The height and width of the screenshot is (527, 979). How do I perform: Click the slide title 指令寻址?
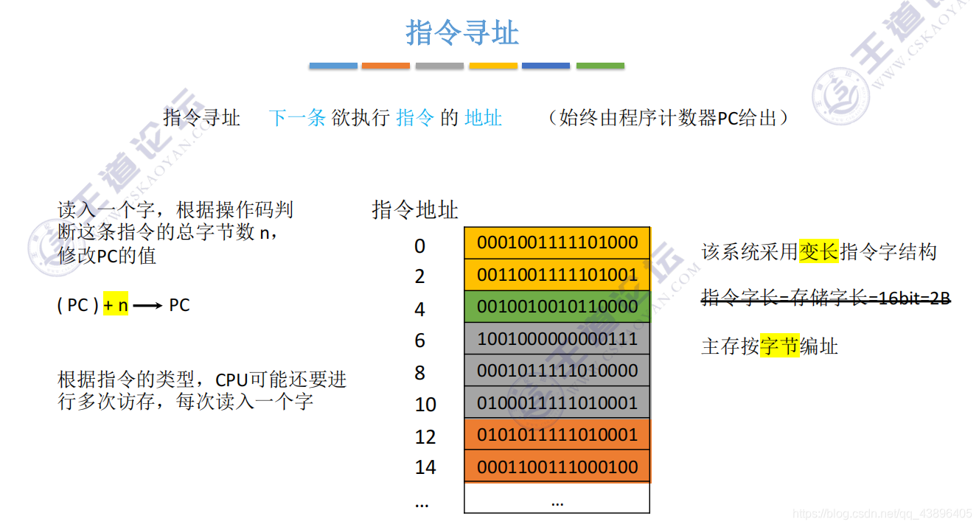click(462, 33)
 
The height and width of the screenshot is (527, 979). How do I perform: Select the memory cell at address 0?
click(557, 242)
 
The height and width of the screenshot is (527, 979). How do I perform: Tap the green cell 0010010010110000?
click(557, 307)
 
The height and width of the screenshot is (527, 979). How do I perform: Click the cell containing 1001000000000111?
click(557, 338)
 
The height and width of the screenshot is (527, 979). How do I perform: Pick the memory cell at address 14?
click(557, 467)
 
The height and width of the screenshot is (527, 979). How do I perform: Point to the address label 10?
click(425, 405)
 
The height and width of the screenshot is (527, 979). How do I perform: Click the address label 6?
click(419, 341)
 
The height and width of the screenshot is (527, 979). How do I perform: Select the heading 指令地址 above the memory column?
click(415, 210)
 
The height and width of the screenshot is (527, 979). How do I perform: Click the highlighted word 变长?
click(818, 252)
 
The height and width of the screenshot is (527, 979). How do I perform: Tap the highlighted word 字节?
click(779, 346)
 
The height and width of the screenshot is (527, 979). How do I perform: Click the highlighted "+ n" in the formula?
click(116, 305)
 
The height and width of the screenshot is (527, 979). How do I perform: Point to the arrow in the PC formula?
click(147, 306)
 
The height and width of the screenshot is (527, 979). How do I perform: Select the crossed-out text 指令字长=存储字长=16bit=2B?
click(826, 299)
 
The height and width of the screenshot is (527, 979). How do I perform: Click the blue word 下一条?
click(297, 118)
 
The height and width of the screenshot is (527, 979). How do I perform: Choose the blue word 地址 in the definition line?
click(483, 118)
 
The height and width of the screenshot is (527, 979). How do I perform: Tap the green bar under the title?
click(599, 66)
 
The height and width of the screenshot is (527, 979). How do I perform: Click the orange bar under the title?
click(386, 66)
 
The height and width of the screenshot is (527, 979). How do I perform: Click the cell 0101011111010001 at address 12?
click(557, 435)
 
